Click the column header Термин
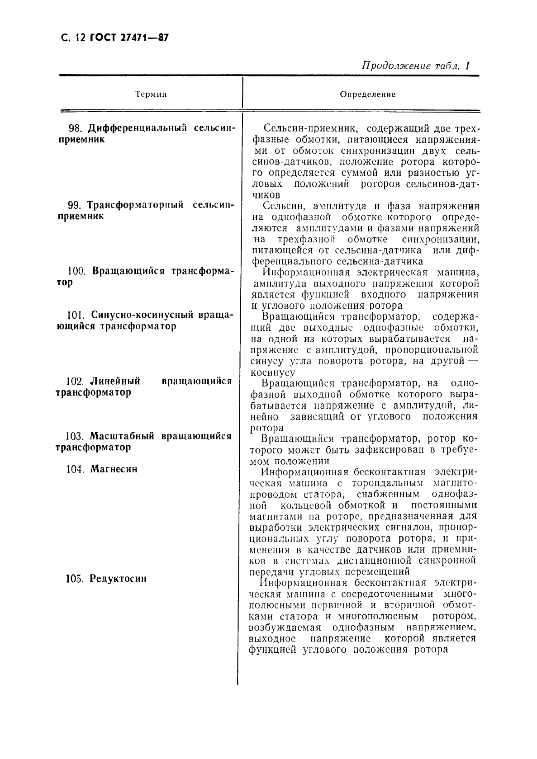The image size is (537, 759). [x=151, y=94]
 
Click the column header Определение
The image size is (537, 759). [x=367, y=94]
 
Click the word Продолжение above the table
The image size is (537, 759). [x=393, y=66]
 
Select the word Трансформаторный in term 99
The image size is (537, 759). [x=135, y=205]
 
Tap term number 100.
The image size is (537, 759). [x=77, y=272]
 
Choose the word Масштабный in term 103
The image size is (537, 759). [x=122, y=437]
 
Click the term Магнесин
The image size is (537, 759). [x=114, y=469]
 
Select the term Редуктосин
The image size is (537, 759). [x=118, y=579]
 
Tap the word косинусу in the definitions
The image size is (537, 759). [x=272, y=373]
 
